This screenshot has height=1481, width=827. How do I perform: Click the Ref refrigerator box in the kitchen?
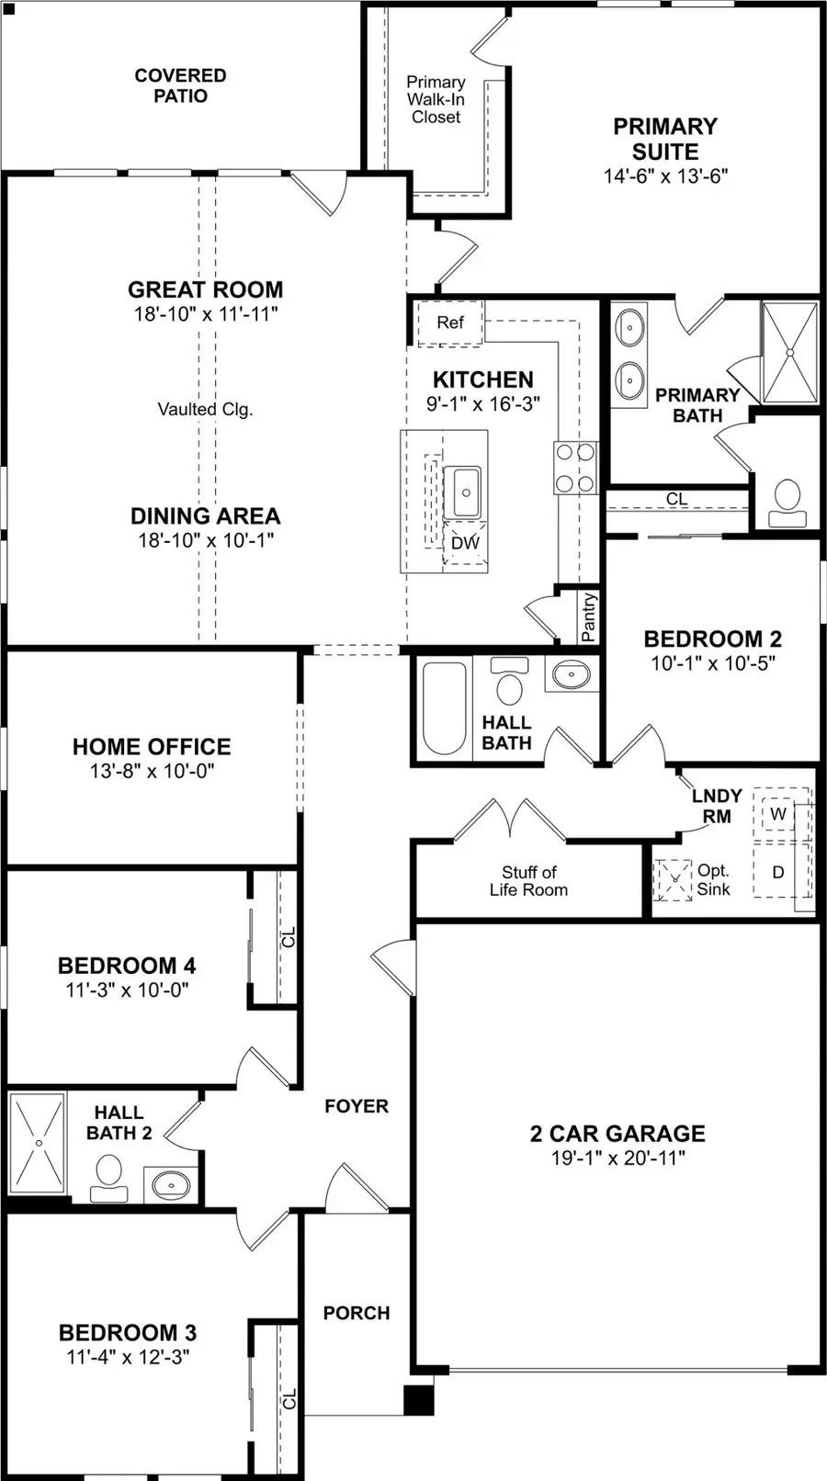coord(449,322)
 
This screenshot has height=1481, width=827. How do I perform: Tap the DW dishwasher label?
coord(465,543)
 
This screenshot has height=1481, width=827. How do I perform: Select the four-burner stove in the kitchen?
coord(575,468)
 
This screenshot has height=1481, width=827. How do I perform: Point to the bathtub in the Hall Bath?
coord(443,707)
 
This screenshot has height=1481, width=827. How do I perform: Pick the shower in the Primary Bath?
coord(789,353)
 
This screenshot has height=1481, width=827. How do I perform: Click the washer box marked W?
coord(778,814)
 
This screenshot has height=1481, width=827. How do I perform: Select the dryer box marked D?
coord(778,871)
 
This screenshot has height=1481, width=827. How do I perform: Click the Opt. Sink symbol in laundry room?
coord(674,879)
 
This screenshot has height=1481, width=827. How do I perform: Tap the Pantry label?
coord(589,616)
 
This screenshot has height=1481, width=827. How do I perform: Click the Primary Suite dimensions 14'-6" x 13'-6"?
coord(665,176)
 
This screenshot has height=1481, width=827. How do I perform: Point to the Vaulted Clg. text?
coord(204,410)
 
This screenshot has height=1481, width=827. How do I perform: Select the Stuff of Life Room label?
coord(528,880)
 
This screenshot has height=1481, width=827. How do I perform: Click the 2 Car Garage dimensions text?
coord(617,1158)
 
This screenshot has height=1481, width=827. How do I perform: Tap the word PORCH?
coord(357,1313)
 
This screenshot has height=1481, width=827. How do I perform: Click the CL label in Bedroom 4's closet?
coord(289,938)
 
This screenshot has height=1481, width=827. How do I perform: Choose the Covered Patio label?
coord(180,85)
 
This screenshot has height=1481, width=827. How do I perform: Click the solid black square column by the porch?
coord(419,1399)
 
